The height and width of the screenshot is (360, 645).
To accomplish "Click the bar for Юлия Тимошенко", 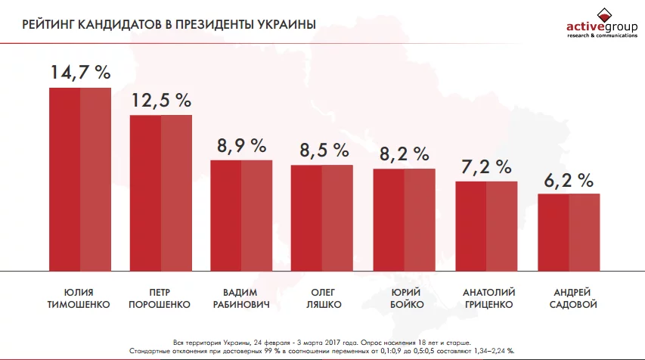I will [80, 179].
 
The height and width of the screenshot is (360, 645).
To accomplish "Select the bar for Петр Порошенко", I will [161, 193].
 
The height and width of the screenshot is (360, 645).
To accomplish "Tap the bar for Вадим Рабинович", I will [241, 216].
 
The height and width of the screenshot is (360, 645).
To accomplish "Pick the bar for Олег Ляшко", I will [322, 218].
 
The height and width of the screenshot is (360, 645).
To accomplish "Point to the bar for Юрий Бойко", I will [404, 219].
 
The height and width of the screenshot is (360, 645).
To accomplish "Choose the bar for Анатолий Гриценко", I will [486, 226].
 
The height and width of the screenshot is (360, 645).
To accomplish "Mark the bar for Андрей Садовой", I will [569, 232].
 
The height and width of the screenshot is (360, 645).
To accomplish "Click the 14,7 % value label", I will [80, 73].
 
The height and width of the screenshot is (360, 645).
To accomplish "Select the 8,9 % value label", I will [241, 145].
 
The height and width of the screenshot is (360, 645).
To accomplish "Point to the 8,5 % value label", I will [323, 150].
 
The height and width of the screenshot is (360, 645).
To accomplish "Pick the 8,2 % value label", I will [404, 154].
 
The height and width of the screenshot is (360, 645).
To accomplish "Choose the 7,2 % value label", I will [486, 166].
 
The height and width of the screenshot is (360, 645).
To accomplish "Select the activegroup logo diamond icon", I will [602, 14].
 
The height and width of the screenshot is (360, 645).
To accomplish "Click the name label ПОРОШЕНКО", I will [161, 305].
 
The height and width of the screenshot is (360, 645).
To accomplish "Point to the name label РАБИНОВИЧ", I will [241, 305].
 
